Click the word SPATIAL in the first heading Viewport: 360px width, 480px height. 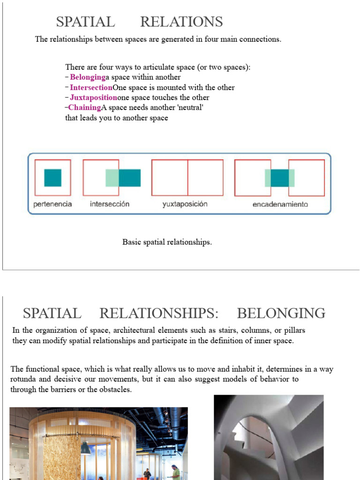(x=85, y=22)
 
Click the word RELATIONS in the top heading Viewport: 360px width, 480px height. (x=181, y=22)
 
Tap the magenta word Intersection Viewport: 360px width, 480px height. (x=91, y=88)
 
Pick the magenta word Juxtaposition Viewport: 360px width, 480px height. (x=93, y=97)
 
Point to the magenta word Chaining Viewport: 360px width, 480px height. (x=84, y=108)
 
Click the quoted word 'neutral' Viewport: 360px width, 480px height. (x=190, y=108)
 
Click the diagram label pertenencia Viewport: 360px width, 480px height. (x=52, y=204)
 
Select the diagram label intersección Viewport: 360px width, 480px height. (x=109, y=204)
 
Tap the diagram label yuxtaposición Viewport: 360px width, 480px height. (x=185, y=204)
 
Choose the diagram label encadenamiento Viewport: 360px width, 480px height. (x=280, y=204)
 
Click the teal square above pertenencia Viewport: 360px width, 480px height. (x=52, y=178)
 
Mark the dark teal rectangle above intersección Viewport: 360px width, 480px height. (x=130, y=178)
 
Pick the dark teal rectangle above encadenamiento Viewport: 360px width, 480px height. (x=279, y=178)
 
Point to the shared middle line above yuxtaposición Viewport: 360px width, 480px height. (x=188, y=178)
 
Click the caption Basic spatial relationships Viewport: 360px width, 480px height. (x=167, y=242)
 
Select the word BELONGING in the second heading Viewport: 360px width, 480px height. (x=281, y=313)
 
